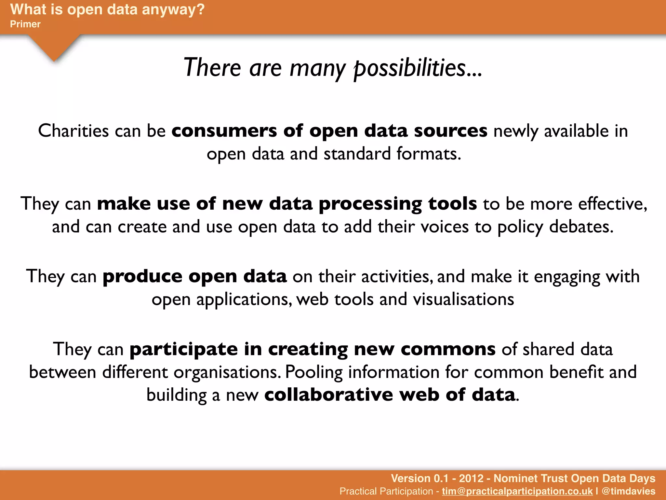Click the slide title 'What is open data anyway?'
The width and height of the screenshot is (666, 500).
tap(107, 9)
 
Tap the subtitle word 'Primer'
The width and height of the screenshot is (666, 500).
tap(25, 24)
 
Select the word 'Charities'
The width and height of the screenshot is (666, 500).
tap(73, 131)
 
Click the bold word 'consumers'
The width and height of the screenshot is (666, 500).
tap(224, 131)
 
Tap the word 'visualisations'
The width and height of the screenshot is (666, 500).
tap(463, 299)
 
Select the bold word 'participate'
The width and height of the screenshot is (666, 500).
tap(184, 350)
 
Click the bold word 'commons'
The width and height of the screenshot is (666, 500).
tap(448, 349)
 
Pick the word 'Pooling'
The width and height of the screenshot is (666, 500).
tap(314, 372)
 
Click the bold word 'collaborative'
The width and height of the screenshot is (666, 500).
tap(328, 395)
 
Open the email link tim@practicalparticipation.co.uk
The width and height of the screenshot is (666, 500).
tap(517, 491)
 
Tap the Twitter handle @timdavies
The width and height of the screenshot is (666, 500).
tap(628, 491)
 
